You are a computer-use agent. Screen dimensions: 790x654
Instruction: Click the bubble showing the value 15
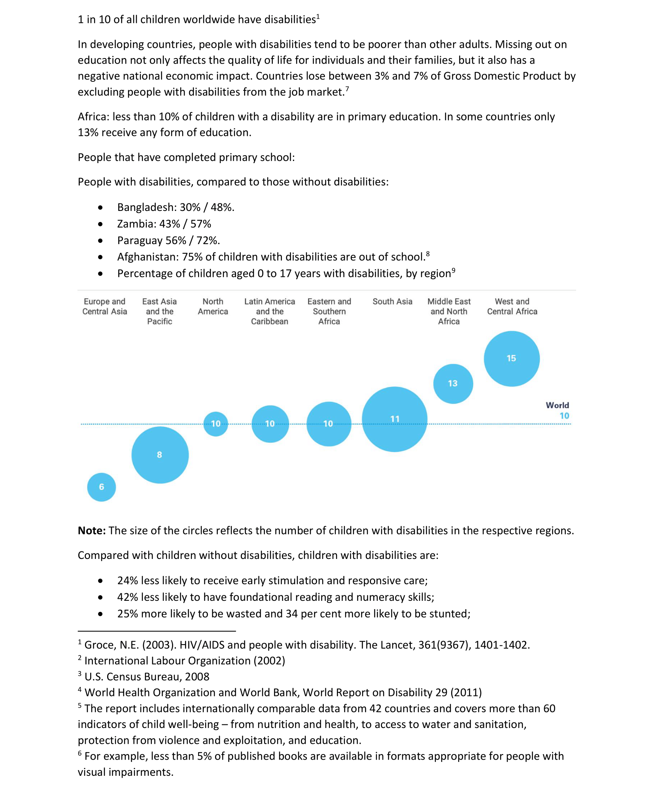(511, 358)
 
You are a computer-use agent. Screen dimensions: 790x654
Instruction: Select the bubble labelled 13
(453, 384)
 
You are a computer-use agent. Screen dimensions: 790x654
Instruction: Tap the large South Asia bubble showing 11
(394, 419)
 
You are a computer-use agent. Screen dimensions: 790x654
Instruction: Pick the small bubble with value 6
(102, 487)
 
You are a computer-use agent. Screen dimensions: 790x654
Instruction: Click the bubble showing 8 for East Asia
(160, 455)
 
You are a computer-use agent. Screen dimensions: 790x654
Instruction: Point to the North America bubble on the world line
(215, 424)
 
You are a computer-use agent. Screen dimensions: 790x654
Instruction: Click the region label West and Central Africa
(512, 307)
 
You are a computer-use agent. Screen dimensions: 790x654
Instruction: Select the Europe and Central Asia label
(104, 307)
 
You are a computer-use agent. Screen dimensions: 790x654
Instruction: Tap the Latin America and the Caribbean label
(269, 311)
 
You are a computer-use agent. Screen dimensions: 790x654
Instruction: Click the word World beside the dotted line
(557, 405)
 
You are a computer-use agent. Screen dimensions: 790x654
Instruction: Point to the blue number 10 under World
(564, 416)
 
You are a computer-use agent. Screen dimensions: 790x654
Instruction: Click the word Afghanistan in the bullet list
(148, 257)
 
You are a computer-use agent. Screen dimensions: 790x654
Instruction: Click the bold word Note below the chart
(91, 530)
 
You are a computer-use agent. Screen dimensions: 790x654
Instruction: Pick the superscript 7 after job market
(347, 89)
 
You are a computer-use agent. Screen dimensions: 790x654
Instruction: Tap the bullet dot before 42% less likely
(100, 597)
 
